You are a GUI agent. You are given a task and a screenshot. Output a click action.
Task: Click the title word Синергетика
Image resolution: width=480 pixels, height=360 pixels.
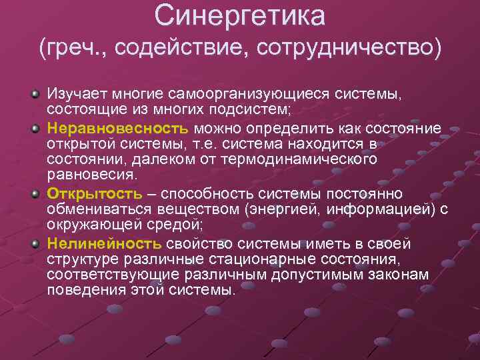pyautogui.click(x=239, y=16)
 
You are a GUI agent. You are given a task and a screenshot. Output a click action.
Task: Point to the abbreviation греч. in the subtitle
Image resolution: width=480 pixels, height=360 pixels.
pyautogui.click(x=70, y=48)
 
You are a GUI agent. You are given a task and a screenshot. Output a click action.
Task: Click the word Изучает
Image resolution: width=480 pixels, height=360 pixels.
pyautogui.click(x=75, y=95)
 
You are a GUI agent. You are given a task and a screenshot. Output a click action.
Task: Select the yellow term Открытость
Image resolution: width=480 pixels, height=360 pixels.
pyautogui.click(x=94, y=194)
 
